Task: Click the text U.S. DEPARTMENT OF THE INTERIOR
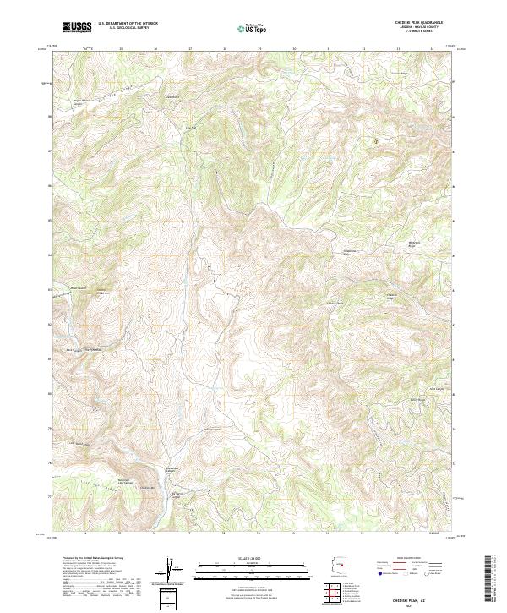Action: click(127, 24)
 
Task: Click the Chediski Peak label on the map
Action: click(335, 302)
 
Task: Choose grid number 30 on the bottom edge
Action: click(294, 534)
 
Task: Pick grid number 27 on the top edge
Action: click(190, 49)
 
